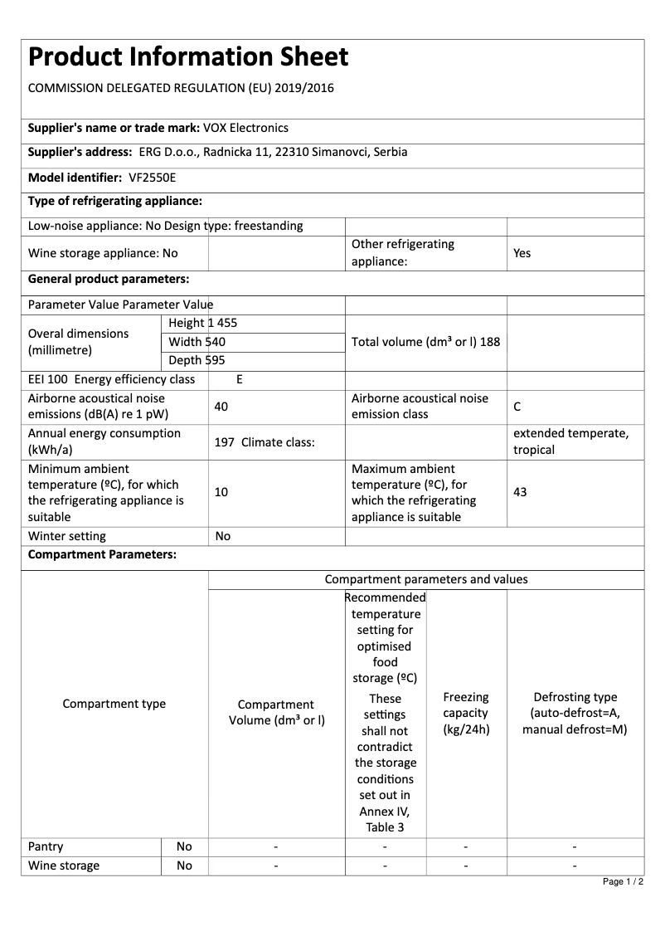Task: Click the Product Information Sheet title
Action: click(x=188, y=57)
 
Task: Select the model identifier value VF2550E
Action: click(x=153, y=178)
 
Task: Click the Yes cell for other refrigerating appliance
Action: click(x=522, y=253)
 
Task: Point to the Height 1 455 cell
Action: click(x=202, y=323)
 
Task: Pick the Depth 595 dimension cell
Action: click(x=197, y=360)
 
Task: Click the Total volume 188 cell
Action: click(x=425, y=341)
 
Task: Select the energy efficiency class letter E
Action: click(x=240, y=379)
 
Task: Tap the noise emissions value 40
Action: click(x=221, y=407)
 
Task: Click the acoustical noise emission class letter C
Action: click(x=517, y=407)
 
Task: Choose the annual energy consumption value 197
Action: click(x=224, y=442)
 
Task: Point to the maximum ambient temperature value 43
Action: click(x=520, y=492)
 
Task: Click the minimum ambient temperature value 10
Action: click(x=221, y=492)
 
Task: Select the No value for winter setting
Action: click(x=223, y=536)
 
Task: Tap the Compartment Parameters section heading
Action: click(x=103, y=555)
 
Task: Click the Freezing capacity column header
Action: click(x=466, y=713)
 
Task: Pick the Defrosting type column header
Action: click(x=575, y=713)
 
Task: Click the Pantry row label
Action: click(x=46, y=846)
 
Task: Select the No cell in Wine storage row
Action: click(x=184, y=865)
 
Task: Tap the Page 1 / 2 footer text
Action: click(x=623, y=881)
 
